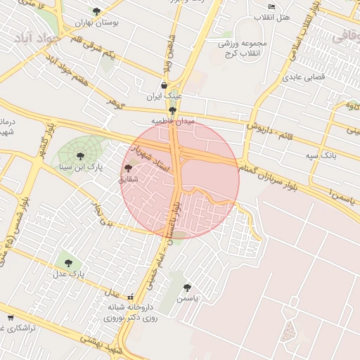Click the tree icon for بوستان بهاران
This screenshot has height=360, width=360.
tap(96, 12)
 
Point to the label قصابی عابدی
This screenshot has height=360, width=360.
tap(304, 79)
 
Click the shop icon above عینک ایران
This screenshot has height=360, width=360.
tap(164, 85)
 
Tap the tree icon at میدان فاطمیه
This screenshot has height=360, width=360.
tap(172, 110)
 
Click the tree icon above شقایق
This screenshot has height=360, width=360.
tap(127, 169)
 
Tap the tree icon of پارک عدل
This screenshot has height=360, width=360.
tap(68, 263)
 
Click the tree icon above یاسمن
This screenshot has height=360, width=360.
tap(187, 288)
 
